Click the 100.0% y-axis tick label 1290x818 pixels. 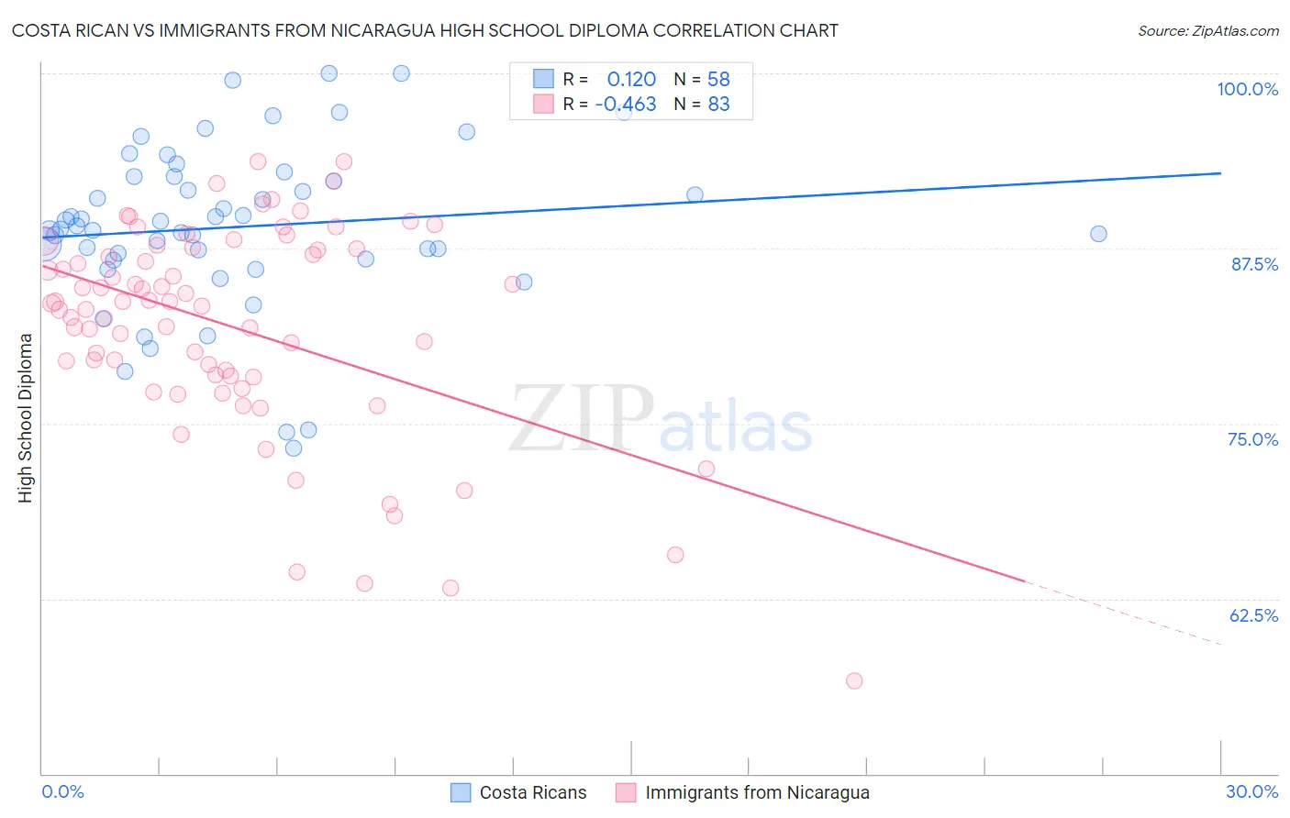(1247, 89)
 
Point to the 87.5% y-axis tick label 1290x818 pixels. (1254, 264)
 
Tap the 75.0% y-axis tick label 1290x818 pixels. (1252, 439)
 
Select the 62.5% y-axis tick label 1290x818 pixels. (1253, 615)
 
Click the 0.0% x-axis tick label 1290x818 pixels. (63, 791)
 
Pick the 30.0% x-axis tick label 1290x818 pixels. (1251, 791)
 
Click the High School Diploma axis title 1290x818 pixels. (26, 417)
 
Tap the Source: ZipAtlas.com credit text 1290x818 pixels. (1207, 30)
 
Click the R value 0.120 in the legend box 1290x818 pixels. (631, 79)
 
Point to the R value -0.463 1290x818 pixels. (626, 104)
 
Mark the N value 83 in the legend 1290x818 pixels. (718, 104)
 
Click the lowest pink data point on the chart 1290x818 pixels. (854, 680)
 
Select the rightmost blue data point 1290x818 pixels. (1098, 234)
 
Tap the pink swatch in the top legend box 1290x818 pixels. (543, 104)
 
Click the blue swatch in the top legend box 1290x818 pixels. (543, 79)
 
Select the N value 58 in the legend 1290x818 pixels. (718, 79)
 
